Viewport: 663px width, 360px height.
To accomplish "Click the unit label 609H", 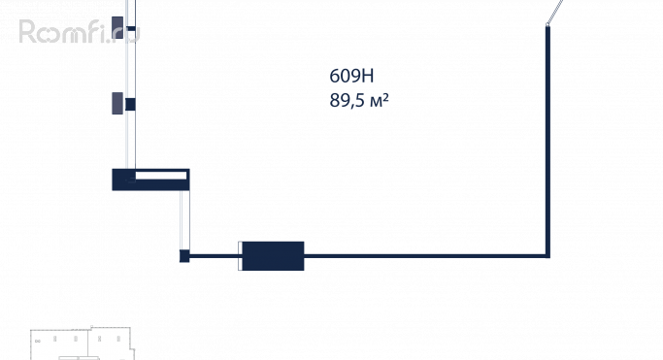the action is pos(351,76).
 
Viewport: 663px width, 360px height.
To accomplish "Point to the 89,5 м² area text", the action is pos(359,101).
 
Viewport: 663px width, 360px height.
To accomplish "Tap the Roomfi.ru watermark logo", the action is pos(79,32).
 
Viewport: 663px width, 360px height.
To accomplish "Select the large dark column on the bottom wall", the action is pos(273,256).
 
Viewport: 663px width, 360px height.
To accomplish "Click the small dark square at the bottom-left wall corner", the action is pos(184,256).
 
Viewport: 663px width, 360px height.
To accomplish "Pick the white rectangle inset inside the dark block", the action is pos(161,176).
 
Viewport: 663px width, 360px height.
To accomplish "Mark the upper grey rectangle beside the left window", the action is pos(117,27).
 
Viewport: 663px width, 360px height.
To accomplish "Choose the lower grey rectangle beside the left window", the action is pos(117,103).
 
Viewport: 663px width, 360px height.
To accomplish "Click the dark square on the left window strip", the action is pos(130,105).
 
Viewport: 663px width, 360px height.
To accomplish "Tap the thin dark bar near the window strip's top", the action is pos(131,29).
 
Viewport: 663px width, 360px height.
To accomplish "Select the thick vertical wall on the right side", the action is pos(548,141).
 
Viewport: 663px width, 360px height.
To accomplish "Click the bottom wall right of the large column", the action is pos(425,256).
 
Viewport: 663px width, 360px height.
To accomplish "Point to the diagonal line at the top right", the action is pos(555,12).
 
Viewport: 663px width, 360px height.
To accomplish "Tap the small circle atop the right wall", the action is pos(547,25).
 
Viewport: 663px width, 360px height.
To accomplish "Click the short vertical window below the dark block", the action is pos(184,220).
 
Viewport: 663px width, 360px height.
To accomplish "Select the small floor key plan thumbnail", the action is pos(83,344).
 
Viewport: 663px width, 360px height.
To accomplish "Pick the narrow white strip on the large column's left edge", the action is pos(240,256).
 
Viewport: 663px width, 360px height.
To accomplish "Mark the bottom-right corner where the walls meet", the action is pos(548,256).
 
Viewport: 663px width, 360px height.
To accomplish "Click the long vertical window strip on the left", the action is pos(131,84).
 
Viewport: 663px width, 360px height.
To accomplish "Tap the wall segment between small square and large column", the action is pos(214,256).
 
